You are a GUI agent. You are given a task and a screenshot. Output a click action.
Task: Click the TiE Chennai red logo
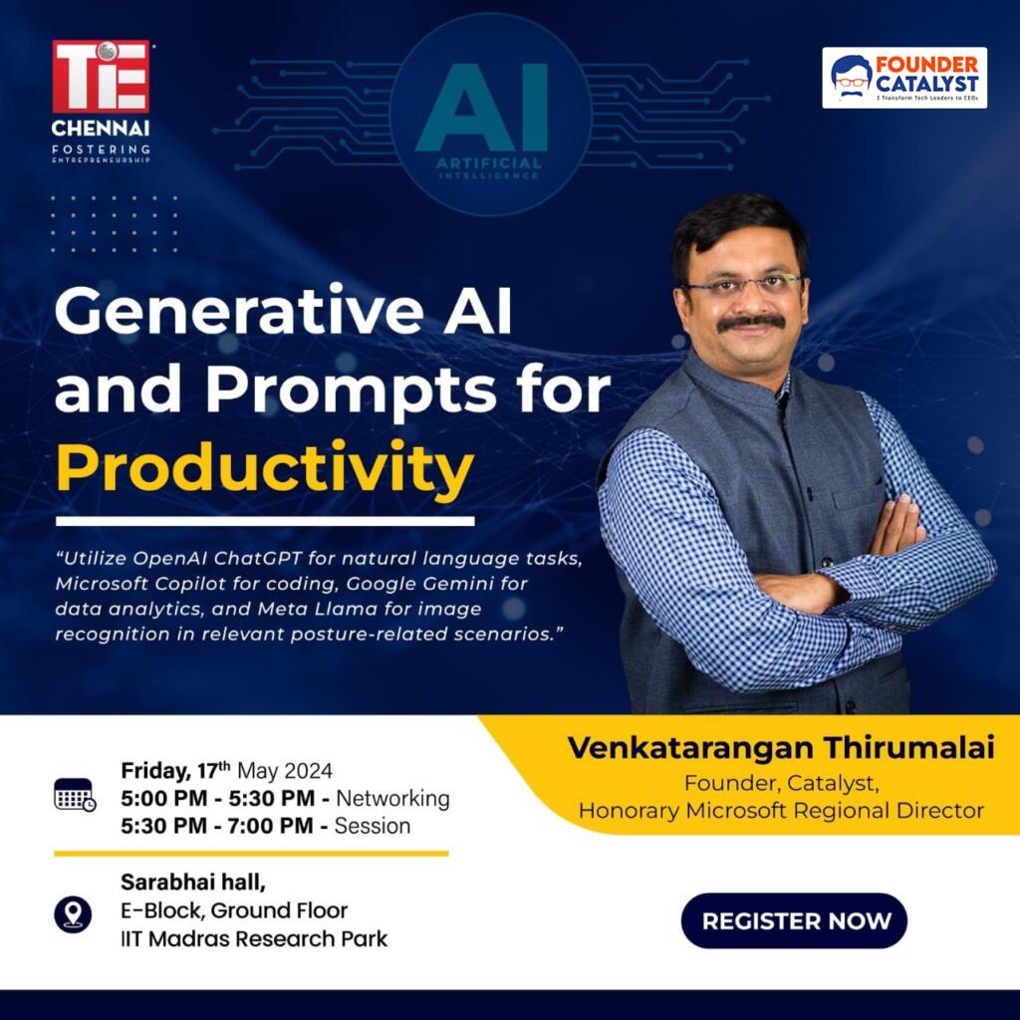tap(101, 77)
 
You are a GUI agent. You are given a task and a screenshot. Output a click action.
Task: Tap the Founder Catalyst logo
tap(904, 78)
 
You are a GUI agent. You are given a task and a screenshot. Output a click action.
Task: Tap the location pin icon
tap(73, 913)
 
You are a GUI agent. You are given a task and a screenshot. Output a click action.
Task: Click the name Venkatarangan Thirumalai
tap(780, 748)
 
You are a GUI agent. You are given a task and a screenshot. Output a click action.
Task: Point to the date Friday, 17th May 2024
tap(227, 771)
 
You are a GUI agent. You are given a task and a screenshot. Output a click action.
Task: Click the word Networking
tap(392, 799)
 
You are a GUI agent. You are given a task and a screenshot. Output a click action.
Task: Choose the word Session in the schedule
tap(373, 826)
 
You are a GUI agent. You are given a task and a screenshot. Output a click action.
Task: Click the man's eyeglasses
tap(742, 286)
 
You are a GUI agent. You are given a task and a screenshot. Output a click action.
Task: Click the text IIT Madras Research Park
tap(254, 938)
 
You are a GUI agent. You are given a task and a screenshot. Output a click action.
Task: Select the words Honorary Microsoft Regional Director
tap(781, 811)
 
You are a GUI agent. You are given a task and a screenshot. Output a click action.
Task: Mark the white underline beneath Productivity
tap(265, 520)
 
